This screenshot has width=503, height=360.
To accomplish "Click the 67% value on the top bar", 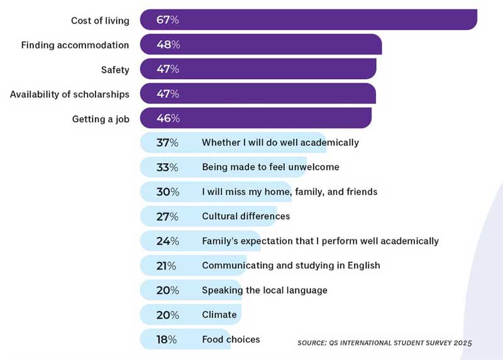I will pos(168,20).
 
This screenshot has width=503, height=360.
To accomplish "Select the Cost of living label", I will pos(100,21).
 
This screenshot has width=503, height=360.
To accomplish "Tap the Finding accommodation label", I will pos(75,45).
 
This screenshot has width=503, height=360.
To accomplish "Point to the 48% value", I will pos(168,45).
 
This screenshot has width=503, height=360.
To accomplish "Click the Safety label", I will pos(115,70).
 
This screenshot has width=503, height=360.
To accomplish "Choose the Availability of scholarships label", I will pos(69,94).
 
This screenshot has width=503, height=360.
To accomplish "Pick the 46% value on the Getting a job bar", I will pos(168,118).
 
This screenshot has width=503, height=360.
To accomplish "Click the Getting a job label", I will pos(101,119).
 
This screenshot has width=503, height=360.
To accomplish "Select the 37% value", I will pos(167,143).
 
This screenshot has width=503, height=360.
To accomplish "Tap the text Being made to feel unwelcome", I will pos(270,167).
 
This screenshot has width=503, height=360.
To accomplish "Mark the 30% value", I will pos(167,192).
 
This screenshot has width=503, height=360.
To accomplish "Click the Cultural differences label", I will pos(246,216).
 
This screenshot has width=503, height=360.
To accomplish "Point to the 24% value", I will pos(167,241).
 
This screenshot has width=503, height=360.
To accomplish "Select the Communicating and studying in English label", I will pos(290,265).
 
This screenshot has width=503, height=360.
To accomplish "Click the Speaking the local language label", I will pos(264,290).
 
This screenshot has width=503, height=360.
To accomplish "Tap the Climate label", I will pos(219,315).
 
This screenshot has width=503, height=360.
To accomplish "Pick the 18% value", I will pos(167,339).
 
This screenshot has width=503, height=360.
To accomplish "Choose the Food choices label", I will pos(231,339).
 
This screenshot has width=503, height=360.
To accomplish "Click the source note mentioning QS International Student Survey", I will pos(384,343).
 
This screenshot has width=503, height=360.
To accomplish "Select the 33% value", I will pos(167,167).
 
